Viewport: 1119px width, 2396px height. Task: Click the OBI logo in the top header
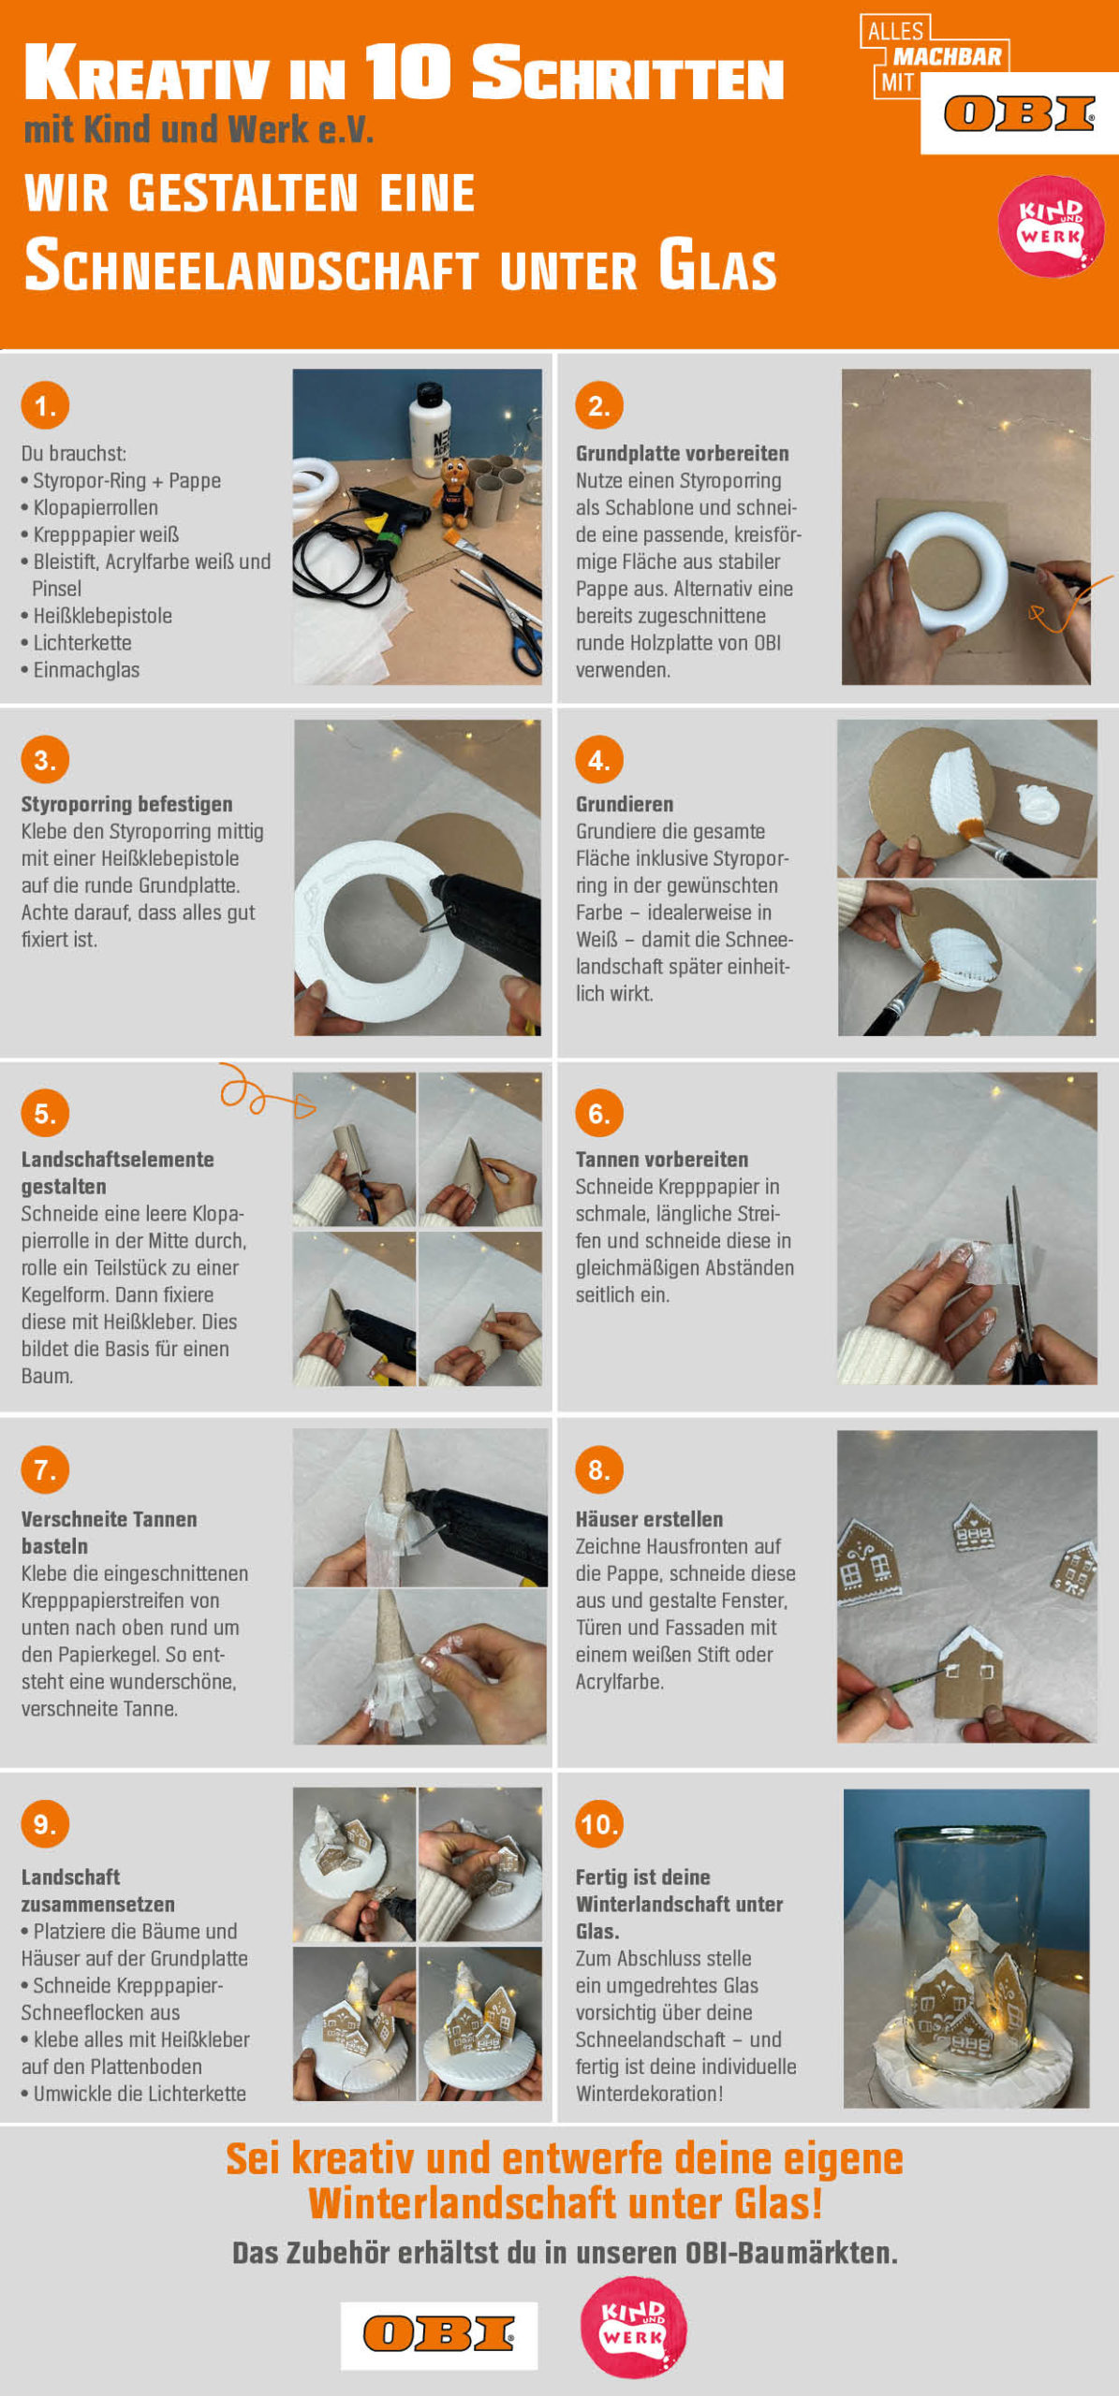coord(1019,114)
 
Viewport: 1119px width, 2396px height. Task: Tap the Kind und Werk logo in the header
coord(1051,226)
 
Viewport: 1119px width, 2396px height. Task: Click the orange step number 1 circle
coord(45,405)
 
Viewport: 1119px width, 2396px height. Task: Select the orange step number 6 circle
coord(599,1113)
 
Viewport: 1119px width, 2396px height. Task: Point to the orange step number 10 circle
coord(599,1823)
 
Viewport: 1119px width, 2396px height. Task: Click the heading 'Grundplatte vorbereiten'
coord(682,454)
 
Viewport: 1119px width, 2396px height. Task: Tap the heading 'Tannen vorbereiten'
coord(661,1160)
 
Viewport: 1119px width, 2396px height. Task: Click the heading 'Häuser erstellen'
coord(649,1519)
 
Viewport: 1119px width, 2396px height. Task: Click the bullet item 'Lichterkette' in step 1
coord(76,643)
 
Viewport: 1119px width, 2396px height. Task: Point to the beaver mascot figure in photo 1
coord(455,491)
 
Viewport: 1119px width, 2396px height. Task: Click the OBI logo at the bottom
coord(438,2333)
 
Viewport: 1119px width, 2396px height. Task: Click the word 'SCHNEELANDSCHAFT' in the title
coord(252,266)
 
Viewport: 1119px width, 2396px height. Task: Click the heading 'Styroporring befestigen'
coord(126,804)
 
